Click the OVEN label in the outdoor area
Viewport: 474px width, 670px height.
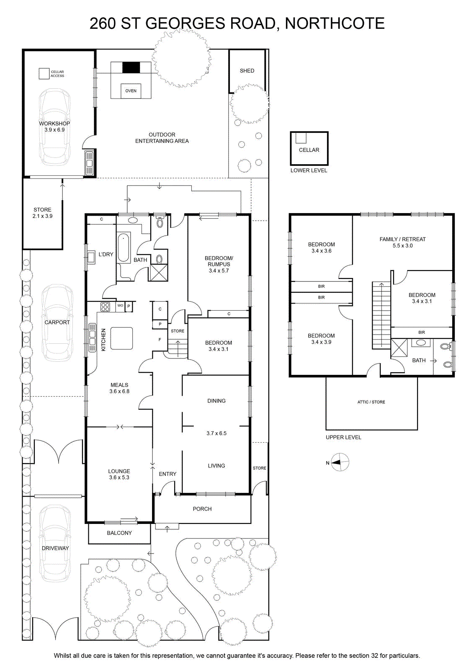[x=131, y=91]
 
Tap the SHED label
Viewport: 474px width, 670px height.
[x=247, y=71]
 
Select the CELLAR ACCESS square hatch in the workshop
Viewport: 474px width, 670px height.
[x=44, y=74]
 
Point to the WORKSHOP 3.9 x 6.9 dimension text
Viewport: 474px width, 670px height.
[x=55, y=130]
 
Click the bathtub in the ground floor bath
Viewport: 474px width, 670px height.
[x=123, y=248]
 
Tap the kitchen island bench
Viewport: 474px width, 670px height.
[x=121, y=338]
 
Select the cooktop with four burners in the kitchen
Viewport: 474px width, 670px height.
[x=105, y=307]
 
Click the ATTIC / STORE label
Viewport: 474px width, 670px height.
[x=371, y=402]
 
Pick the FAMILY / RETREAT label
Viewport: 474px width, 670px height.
[x=402, y=239]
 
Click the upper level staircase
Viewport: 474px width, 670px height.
[x=381, y=315]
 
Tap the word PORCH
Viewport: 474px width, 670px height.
[x=202, y=509]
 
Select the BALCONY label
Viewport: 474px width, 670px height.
[x=119, y=533]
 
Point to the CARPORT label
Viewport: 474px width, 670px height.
[x=57, y=322]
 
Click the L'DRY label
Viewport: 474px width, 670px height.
[x=106, y=254]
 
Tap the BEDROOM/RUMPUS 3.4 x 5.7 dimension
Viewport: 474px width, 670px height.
[x=219, y=271]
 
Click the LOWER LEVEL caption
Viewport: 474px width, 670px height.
[x=309, y=170]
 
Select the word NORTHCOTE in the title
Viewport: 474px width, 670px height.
[x=335, y=23]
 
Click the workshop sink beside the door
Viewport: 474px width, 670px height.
[x=89, y=163]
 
